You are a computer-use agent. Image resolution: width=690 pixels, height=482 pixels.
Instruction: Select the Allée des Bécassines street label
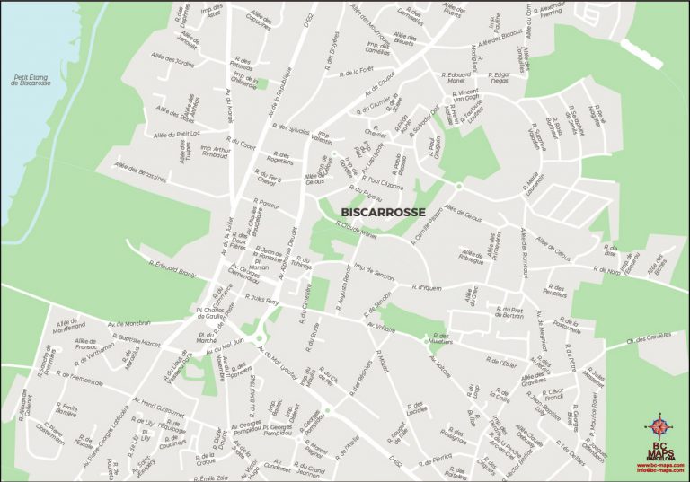[x=142, y=171]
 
